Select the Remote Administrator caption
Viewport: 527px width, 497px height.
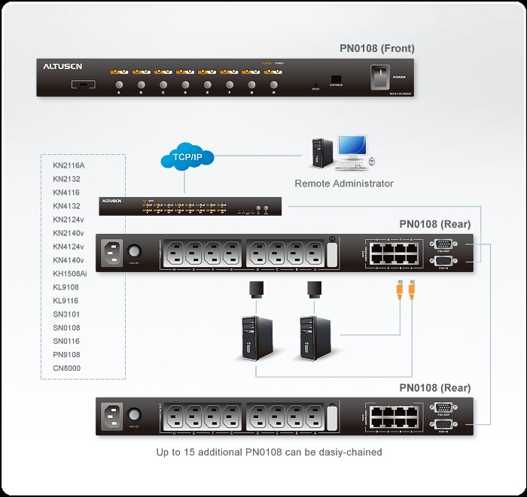[343, 183]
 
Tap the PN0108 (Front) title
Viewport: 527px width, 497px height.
[376, 49]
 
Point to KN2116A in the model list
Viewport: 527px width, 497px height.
[69, 165]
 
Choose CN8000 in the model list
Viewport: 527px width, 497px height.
[66, 368]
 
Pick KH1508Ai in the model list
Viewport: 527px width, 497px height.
[70, 274]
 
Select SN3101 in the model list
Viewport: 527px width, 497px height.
[66, 314]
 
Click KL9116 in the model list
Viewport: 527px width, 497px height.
[66, 301]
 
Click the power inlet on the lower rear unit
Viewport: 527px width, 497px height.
[111, 414]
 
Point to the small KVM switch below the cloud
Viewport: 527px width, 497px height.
[190, 206]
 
